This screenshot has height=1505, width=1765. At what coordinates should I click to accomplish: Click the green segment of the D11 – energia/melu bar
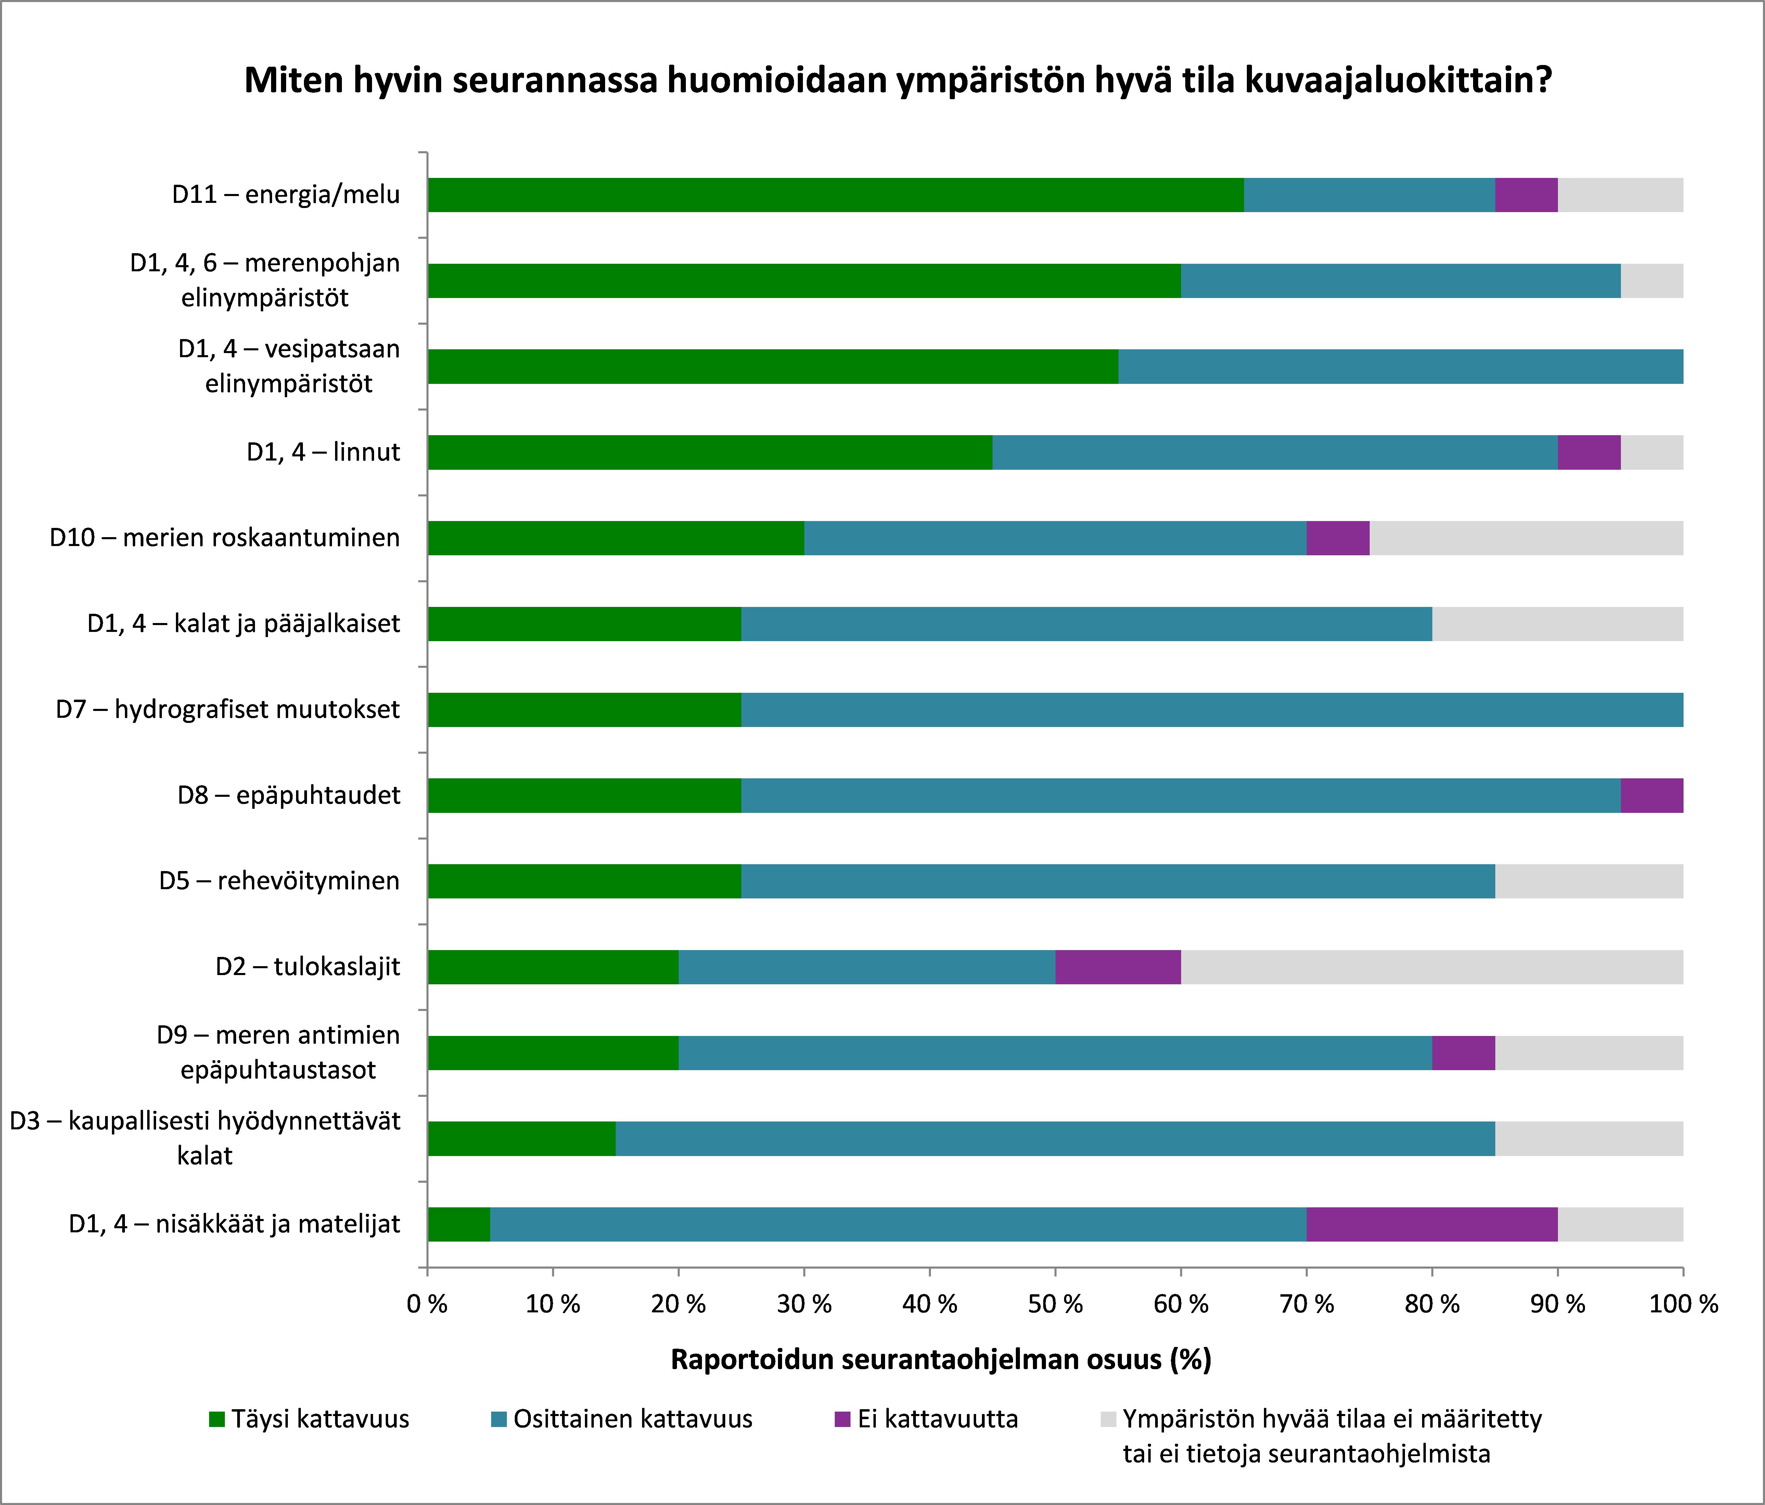835,195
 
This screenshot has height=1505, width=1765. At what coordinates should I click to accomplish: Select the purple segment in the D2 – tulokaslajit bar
1117,967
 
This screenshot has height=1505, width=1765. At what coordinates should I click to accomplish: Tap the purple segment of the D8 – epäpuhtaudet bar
1651,795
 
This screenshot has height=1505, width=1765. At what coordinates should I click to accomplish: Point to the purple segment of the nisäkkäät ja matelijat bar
1431,1224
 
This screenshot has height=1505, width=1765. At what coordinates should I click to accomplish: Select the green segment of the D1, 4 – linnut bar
709,452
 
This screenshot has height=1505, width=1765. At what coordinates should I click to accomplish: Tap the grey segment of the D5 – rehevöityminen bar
1589,881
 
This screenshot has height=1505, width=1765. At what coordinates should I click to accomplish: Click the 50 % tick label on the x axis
1054,1304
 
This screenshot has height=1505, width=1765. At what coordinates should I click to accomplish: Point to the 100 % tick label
1683,1304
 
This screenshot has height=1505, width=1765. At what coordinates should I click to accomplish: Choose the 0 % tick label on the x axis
427,1304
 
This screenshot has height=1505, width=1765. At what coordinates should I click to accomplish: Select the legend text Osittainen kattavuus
632,1419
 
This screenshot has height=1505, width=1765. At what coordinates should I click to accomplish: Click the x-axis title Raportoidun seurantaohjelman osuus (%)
941,1359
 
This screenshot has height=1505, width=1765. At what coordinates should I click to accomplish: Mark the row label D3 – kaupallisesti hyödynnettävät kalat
204,1138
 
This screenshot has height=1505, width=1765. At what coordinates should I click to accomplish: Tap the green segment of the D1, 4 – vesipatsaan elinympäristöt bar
772,366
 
